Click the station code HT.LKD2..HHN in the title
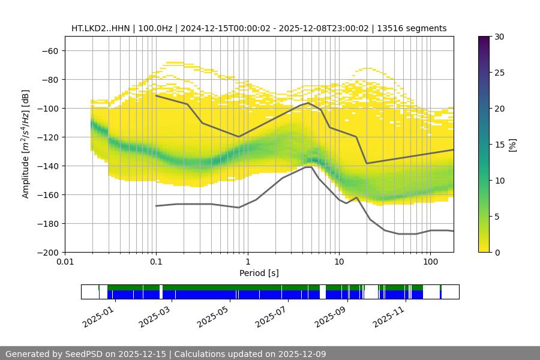tap(100, 28)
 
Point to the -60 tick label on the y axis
tap(50, 51)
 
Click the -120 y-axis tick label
tap(47, 137)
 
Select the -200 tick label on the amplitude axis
tap(47, 253)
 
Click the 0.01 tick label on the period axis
tap(65, 262)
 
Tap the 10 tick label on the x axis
tap(339, 262)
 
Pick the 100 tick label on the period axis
tap(430, 262)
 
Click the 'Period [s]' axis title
tap(259, 274)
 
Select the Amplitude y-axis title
tap(25, 144)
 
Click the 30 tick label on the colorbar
tap(499, 37)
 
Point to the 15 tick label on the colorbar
tap(499, 145)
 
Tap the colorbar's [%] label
tap(512, 145)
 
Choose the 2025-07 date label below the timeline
tap(270, 316)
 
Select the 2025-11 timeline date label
tap(386, 316)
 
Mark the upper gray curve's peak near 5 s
tap(308, 103)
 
